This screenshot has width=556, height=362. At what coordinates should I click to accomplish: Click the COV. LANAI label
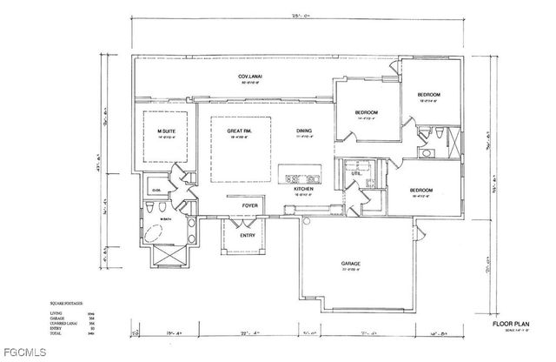tap(250, 77)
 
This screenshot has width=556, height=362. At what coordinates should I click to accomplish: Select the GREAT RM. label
tap(239, 131)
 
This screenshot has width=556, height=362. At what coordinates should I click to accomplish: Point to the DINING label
tap(303, 131)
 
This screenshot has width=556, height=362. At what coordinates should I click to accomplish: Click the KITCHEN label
tap(302, 189)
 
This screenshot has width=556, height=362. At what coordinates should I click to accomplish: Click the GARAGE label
tap(350, 263)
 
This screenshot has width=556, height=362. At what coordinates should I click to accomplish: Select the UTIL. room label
tap(355, 173)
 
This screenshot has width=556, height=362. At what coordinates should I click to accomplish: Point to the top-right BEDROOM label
tap(429, 94)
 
